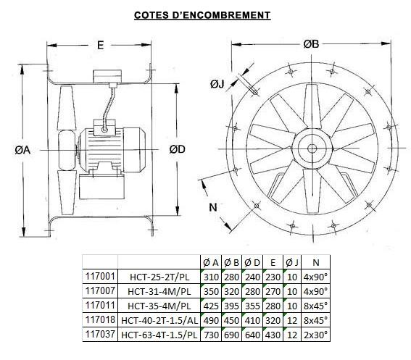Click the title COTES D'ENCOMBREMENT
coord(202,15)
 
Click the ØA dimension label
coord(22,150)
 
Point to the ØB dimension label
coord(311,44)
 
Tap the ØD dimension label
coord(177,149)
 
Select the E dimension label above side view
coord(100,46)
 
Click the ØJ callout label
coord(217,84)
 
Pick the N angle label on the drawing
coord(213,207)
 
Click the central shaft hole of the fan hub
coord(312,148)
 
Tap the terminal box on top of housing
coord(107,76)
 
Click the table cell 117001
coord(100,276)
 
